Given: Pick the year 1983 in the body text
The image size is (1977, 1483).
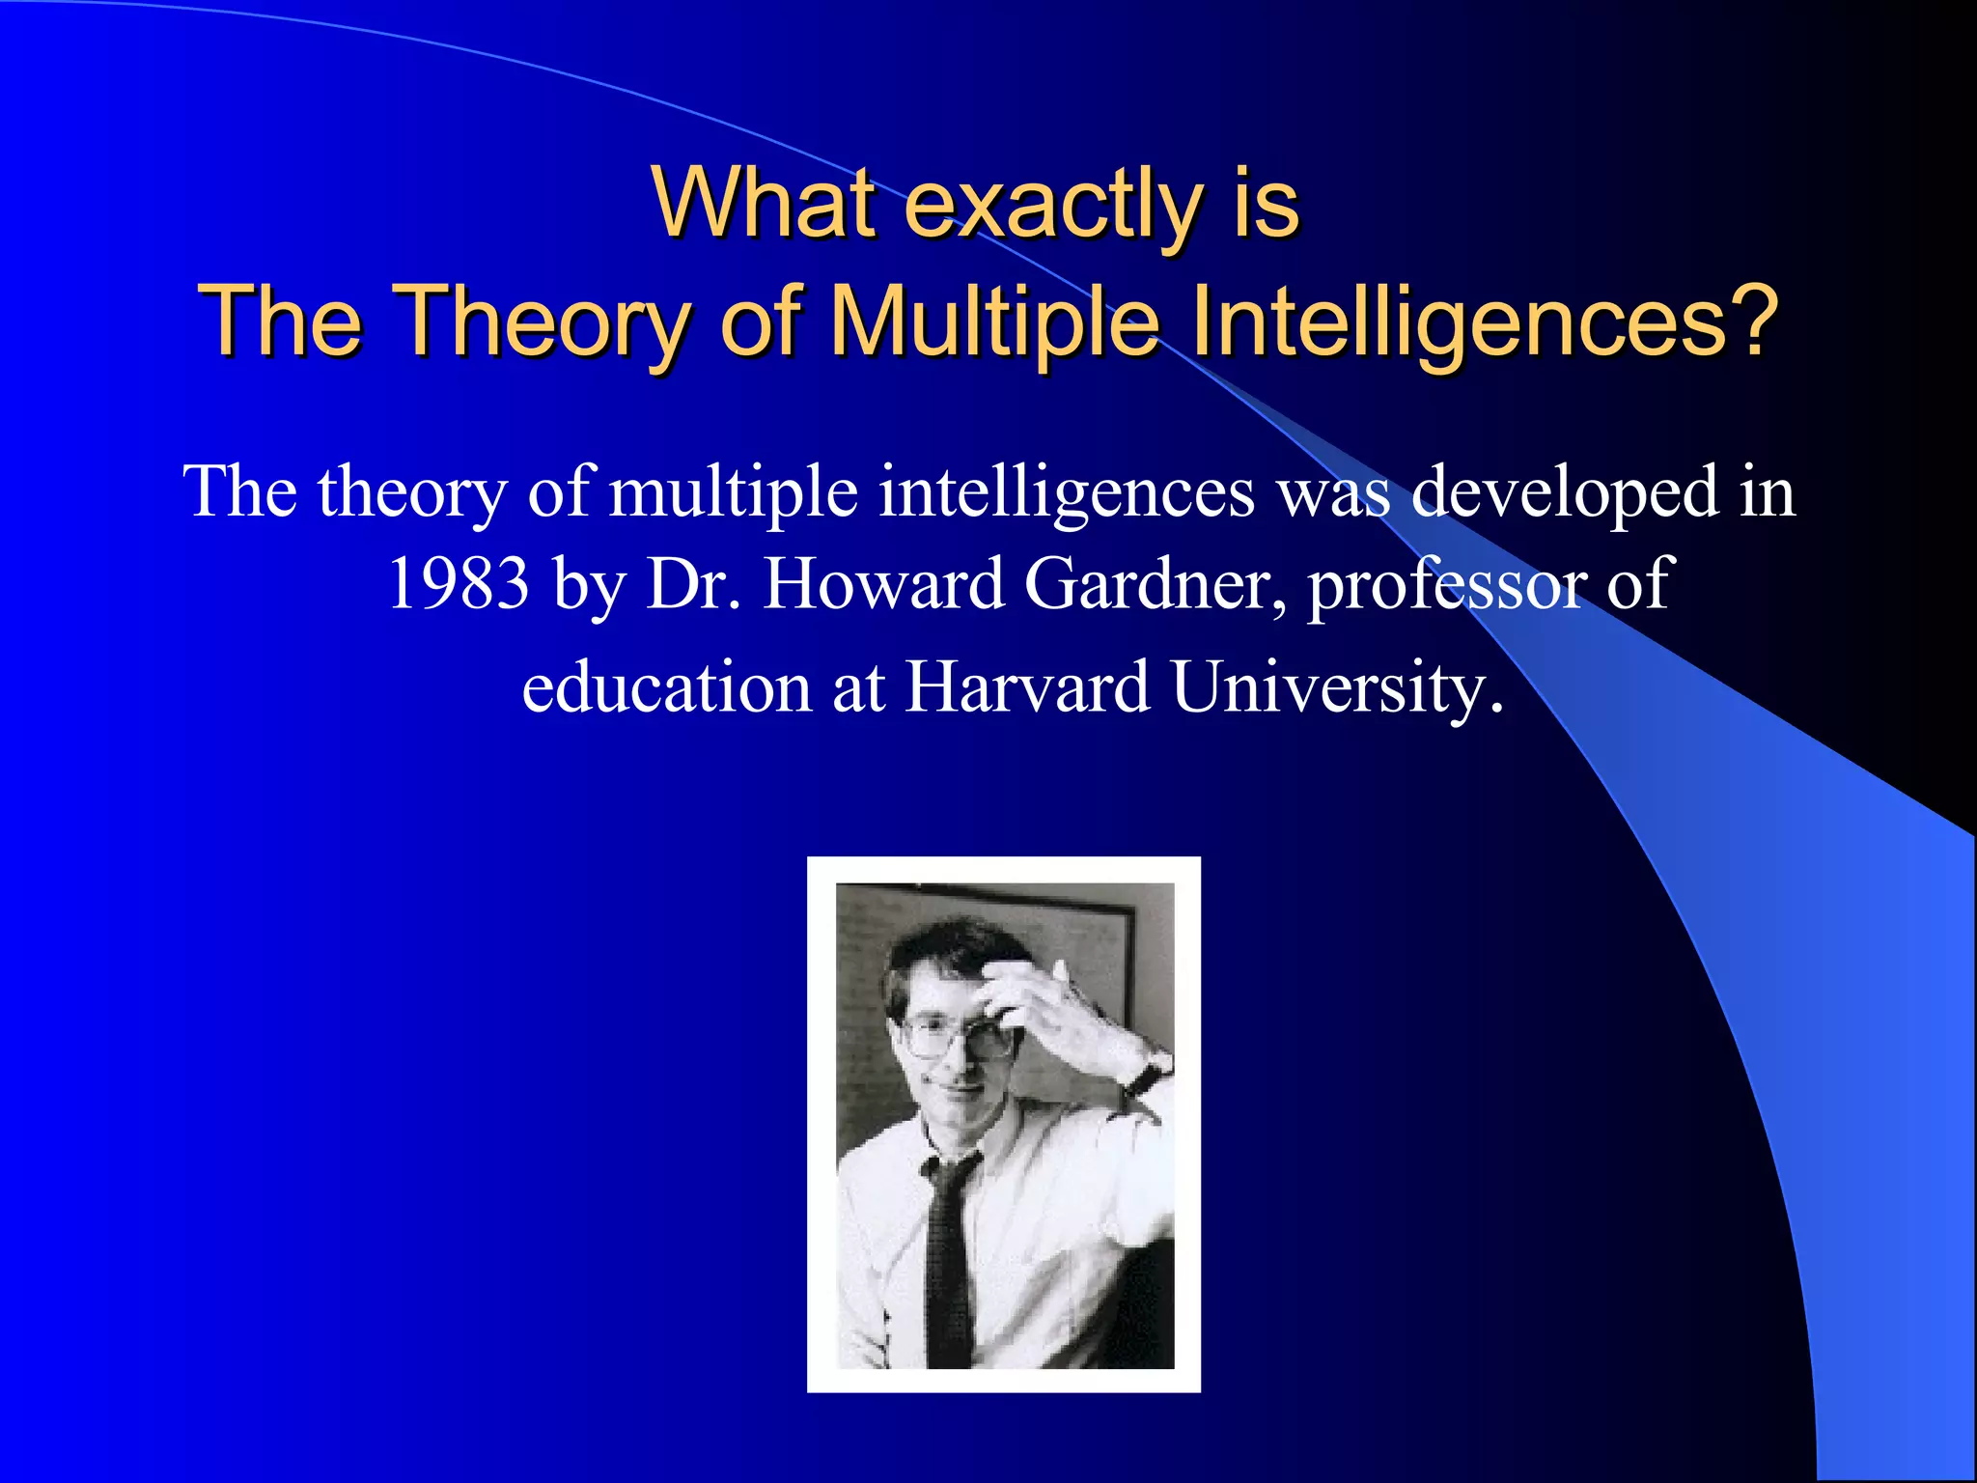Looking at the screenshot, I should click(x=459, y=584).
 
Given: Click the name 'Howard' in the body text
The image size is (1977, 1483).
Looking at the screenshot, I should click(x=883, y=584).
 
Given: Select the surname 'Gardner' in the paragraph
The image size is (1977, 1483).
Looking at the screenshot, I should click(x=1154, y=584).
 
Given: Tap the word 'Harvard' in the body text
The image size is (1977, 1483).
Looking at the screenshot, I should click(x=1027, y=687).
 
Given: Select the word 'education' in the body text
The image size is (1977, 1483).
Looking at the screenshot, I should click(x=666, y=687).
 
